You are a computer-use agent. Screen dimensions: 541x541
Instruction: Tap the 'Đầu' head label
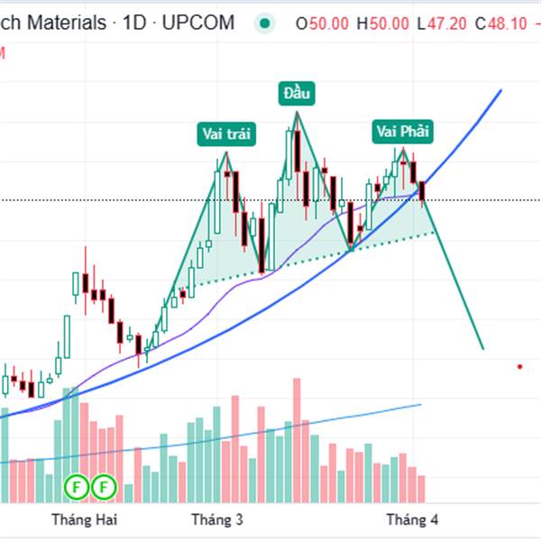point(295,93)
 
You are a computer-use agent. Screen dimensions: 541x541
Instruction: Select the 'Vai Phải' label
point(402,132)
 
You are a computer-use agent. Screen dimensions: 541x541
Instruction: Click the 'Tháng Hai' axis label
point(85,519)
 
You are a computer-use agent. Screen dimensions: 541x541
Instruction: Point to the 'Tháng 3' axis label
point(217,519)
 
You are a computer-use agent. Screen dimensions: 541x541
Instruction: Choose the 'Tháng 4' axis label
point(412,519)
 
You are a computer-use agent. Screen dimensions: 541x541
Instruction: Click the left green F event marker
point(78,488)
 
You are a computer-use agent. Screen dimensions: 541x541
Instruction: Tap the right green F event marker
point(104,488)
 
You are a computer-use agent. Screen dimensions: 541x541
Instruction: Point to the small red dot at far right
point(520,366)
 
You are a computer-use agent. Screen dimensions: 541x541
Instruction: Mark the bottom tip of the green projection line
point(483,348)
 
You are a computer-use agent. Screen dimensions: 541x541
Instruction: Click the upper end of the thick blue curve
point(500,91)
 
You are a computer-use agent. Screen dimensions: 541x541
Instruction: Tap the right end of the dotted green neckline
point(435,233)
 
